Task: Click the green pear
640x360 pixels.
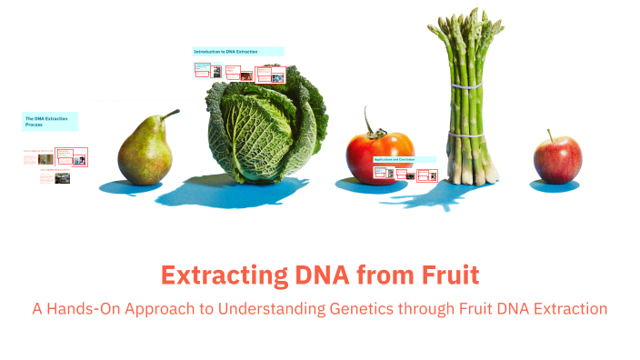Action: click(145, 150)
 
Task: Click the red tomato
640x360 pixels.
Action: click(380, 156)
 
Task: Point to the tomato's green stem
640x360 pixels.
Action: click(369, 125)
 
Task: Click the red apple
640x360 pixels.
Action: click(557, 160)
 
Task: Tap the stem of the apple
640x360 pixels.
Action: click(551, 135)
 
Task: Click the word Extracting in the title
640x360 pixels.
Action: click(219, 274)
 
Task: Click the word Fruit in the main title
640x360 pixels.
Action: click(443, 274)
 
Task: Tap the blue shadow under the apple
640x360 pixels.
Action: click(555, 186)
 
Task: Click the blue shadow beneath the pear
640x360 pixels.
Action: click(133, 187)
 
